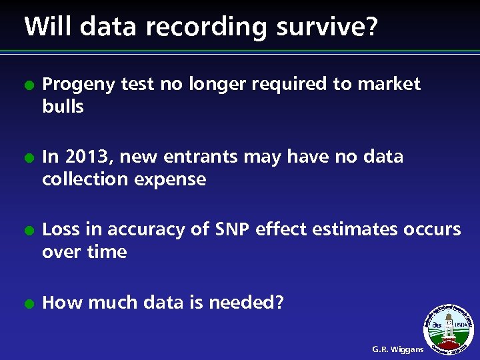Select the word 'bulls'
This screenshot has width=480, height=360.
tap(63, 107)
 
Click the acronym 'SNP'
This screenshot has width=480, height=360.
tap(233, 229)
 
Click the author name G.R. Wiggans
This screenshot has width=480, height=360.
tap(397, 349)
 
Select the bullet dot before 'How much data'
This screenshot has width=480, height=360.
tap(27, 304)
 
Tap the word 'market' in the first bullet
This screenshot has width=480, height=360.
tap(389, 84)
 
